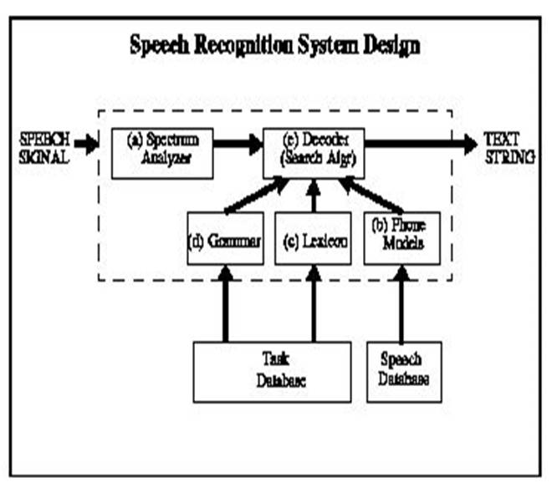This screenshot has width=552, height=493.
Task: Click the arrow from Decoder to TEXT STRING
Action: (x=418, y=144)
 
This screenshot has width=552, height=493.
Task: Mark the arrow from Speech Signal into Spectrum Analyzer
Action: (x=86, y=144)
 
